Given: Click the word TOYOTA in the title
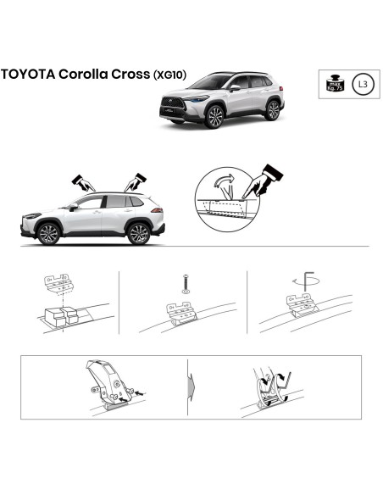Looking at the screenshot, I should point(28,75).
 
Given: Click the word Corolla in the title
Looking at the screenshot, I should point(86,75).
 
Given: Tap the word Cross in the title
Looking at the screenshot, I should point(131,75).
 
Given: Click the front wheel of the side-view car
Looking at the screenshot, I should point(49,233).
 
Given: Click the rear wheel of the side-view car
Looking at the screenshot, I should point(138,233).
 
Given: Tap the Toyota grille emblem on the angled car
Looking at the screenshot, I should point(171,103).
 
